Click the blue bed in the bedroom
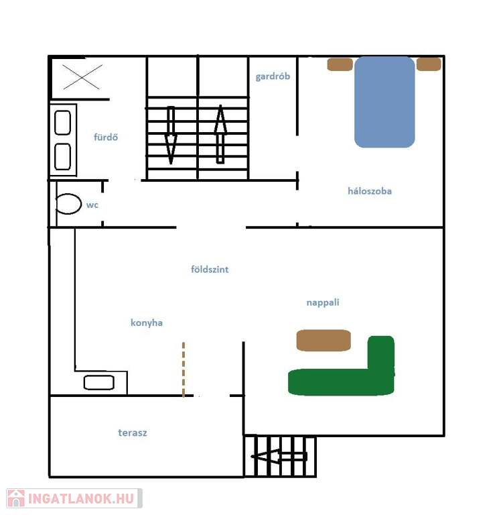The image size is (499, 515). pyautogui.click(x=384, y=102)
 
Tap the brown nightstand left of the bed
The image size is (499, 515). pyautogui.click(x=340, y=64)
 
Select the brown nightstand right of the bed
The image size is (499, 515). pyautogui.click(x=429, y=64)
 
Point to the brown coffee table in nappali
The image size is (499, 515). pyautogui.click(x=324, y=340)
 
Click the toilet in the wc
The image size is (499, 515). pyautogui.click(x=68, y=204)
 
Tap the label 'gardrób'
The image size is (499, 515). pyautogui.click(x=273, y=76)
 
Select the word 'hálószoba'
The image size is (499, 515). pyautogui.click(x=370, y=191)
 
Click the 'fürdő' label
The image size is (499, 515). pyautogui.click(x=106, y=137)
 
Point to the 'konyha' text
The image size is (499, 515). pyautogui.click(x=147, y=323)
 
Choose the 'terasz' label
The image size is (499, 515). pyautogui.click(x=133, y=433)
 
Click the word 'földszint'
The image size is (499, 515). pyautogui.click(x=210, y=270)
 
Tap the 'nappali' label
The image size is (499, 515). pyautogui.click(x=323, y=302)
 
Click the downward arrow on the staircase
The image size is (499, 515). pyautogui.click(x=171, y=135)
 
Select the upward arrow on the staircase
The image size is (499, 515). pyautogui.click(x=220, y=134)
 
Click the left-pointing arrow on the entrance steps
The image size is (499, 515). pyautogui.click(x=279, y=456)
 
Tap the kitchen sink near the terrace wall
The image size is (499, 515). pyautogui.click(x=98, y=383)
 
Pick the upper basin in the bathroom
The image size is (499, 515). pyautogui.click(x=63, y=123)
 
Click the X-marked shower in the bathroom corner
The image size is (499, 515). pyautogui.click(x=82, y=77)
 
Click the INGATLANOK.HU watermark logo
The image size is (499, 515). pyautogui.click(x=74, y=498)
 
